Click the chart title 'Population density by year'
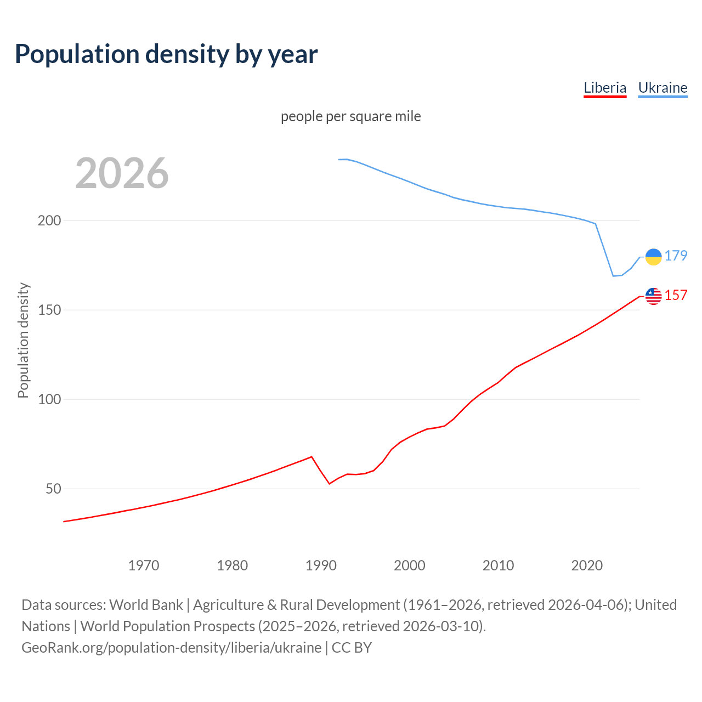[x=166, y=54]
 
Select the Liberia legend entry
[x=605, y=88]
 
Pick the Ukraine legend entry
[x=663, y=88]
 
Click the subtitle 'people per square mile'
[x=350, y=116]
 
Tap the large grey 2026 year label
[x=122, y=173]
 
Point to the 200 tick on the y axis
[x=49, y=220]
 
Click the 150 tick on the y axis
[x=49, y=310]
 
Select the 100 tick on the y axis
[x=49, y=399]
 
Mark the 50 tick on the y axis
[x=53, y=489]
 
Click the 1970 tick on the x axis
[x=144, y=565]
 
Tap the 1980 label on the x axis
[x=233, y=565]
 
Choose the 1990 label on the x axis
[x=321, y=565]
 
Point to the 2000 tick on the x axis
[x=410, y=565]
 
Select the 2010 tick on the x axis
[x=498, y=565]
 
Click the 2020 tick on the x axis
[x=587, y=565]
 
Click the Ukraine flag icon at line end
[x=654, y=257]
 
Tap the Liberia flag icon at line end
[x=654, y=296]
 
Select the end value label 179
[x=676, y=256]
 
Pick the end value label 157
[x=676, y=295]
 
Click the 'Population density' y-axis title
[x=23, y=340]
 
